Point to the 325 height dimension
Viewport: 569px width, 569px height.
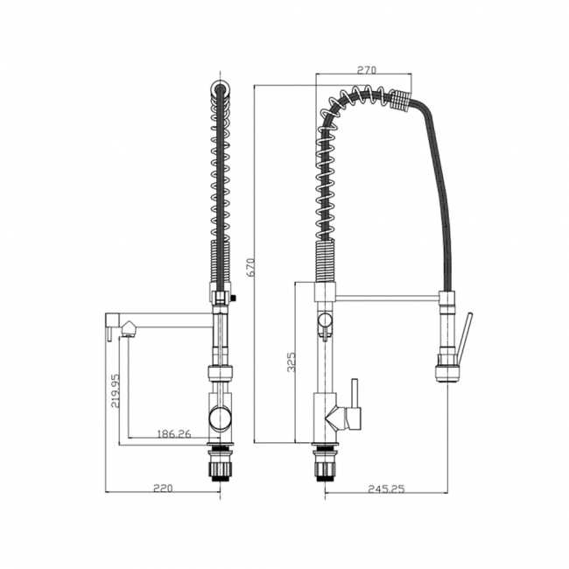tap(292, 362)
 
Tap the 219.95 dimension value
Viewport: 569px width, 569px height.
tap(116, 391)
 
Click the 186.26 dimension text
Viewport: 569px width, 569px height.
tap(173, 432)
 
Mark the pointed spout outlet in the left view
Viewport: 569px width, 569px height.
tap(129, 328)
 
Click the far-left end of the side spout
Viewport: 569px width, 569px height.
tap(108, 324)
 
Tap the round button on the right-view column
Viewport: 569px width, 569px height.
tap(325, 320)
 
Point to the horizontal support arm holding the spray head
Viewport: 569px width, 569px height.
tap(385, 299)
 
